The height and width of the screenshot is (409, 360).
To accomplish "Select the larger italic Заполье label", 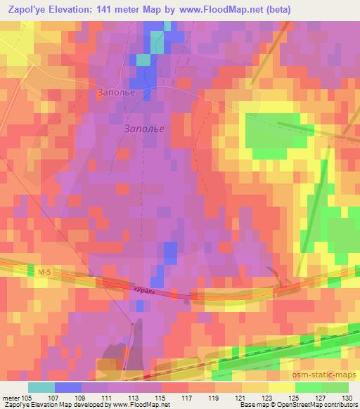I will point(147,129).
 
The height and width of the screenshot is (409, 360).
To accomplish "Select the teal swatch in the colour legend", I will point(41,387).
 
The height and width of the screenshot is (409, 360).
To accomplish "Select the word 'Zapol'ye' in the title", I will point(27,9).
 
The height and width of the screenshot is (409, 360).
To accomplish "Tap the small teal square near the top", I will point(143,60).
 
